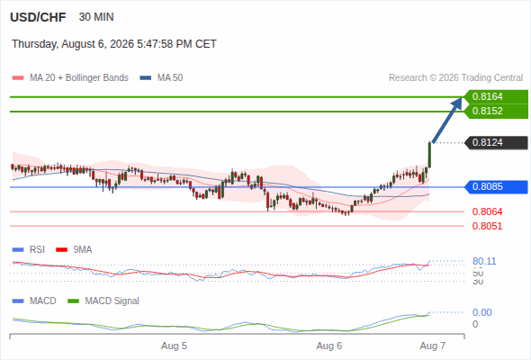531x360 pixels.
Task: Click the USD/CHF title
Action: [x=38, y=17]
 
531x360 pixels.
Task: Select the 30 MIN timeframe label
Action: [x=96, y=17]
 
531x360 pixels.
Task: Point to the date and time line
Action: [x=114, y=44]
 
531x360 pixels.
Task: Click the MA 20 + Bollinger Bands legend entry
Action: [x=70, y=78]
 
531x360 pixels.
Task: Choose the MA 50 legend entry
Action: [x=161, y=78]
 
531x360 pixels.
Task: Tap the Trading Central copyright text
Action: [x=455, y=78]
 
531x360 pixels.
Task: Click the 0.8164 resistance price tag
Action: [x=496, y=97]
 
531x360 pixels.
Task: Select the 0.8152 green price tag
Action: [x=496, y=111]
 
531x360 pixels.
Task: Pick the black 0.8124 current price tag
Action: [x=496, y=142]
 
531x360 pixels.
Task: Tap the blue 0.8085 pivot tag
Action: [x=496, y=186]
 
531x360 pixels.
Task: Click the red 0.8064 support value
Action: [x=487, y=212]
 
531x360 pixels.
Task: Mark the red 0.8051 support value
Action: [x=487, y=226]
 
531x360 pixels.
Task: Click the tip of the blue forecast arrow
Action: [x=462, y=98]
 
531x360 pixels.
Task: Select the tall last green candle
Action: [x=429, y=155]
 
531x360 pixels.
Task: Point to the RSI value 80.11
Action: [x=484, y=261]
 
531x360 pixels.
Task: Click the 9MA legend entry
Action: [x=74, y=250]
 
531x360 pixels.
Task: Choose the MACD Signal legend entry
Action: [x=103, y=301]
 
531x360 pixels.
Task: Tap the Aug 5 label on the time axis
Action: [x=174, y=346]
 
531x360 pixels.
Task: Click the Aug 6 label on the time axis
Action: [x=329, y=346]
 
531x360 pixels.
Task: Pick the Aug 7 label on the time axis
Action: [x=433, y=346]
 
